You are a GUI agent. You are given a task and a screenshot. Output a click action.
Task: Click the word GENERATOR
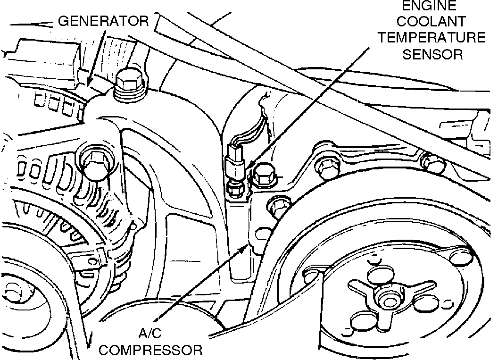tap(103, 21)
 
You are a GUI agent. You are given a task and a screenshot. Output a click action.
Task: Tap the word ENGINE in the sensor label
tap(429, 6)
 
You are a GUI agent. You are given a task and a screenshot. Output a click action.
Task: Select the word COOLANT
tap(431, 22)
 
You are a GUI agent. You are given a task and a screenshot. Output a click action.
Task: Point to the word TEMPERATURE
tap(431, 38)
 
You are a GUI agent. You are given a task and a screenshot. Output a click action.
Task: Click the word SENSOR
tap(432, 54)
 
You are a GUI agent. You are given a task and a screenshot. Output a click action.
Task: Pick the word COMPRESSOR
tap(152, 350)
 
